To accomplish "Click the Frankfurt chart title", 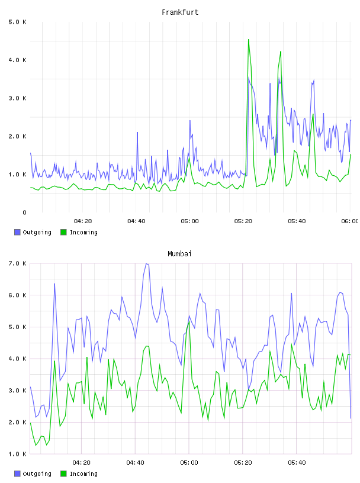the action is pos(180,12).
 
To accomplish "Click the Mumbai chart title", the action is pos(179,254).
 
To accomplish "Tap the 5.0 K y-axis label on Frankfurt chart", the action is pos(17,22).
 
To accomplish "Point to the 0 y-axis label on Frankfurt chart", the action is pos(24,212).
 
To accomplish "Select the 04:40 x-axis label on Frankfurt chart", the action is pos(136,221).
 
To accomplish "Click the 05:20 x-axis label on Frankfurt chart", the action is pos(243,221).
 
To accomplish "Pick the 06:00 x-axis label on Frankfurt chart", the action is pos(349,221).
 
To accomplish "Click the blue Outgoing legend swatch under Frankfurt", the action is pos(17,232).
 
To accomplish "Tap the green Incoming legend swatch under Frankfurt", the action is pos(63,232).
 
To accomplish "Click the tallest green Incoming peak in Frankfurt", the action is pos(249,40).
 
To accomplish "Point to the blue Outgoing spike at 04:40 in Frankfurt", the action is pos(137,133).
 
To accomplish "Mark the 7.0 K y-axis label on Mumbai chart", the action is pos(17,263).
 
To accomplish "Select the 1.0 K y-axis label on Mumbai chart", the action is pos(17,454).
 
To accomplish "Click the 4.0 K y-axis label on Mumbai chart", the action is pos(17,359).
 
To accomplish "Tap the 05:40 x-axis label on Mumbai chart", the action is pos(297,463).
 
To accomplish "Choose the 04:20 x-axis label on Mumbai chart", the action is pos(82,463).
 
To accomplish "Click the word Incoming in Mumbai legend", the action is pos(83,474).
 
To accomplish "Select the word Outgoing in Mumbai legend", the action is pos(37,474).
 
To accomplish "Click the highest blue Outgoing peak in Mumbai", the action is pos(146,263).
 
